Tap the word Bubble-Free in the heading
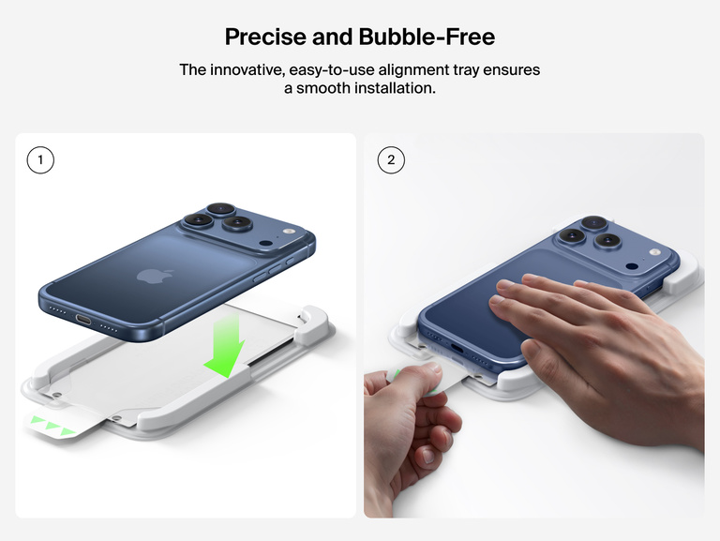pos(427,38)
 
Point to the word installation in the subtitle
pos(392,89)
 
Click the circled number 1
pos(40,160)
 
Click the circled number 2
pos(391,160)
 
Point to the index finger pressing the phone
pos(525,284)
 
